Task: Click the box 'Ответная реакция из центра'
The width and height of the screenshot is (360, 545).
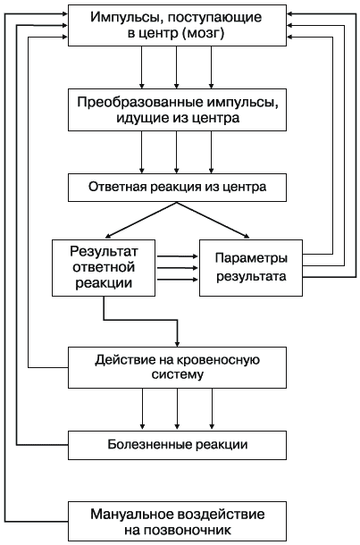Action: pos(177,188)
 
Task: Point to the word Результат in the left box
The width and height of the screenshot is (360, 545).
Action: pos(104,251)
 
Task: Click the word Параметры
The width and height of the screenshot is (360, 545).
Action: pos(251,258)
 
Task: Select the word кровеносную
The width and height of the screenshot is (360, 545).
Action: pos(218,360)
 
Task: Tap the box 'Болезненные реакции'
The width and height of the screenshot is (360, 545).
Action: pos(177,445)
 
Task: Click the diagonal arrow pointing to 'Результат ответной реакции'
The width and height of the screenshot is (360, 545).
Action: pos(141,220)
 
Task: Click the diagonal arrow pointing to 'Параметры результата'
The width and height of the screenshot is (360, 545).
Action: pos(213,220)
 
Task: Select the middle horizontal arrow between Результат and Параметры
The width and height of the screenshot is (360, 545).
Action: pos(177,268)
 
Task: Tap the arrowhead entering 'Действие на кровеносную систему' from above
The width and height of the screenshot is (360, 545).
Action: pos(177,344)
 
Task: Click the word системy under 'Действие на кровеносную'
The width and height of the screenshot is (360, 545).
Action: pos(177,375)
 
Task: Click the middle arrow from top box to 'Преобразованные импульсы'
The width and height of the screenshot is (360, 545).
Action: pos(177,67)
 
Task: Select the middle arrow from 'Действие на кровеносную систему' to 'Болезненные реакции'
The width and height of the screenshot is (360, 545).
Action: pos(177,409)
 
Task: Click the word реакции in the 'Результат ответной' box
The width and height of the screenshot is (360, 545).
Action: pos(104,283)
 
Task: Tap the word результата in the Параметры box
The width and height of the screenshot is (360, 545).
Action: pos(251,277)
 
